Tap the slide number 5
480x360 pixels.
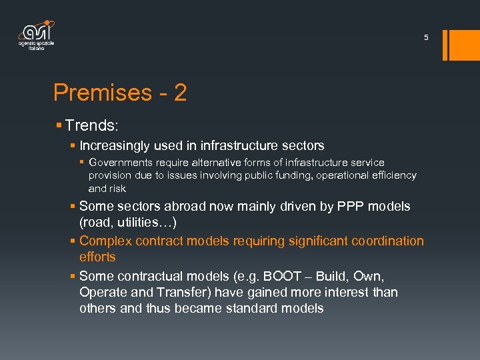point(427,38)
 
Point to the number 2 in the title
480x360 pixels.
point(180,93)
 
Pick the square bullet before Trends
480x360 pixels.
point(59,125)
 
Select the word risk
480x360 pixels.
point(117,189)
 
